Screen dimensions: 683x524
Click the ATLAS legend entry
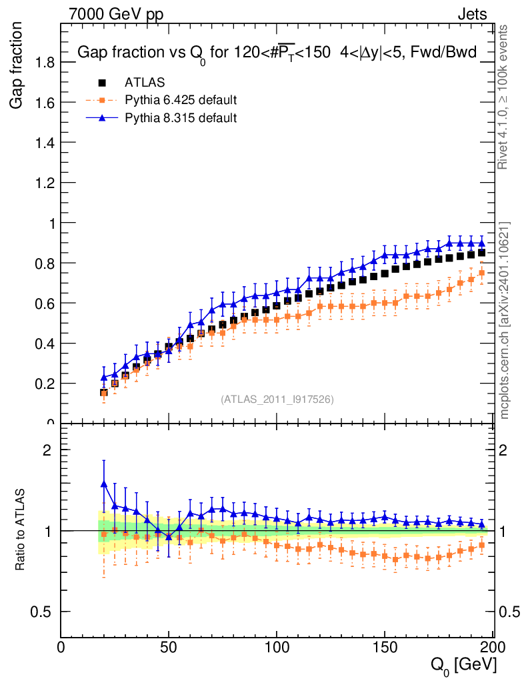click(145, 83)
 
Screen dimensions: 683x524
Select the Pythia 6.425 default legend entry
click(181, 101)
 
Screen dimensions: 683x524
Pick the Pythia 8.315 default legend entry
click(181, 118)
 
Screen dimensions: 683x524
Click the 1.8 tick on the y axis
click(41, 63)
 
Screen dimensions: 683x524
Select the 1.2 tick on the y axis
click(41, 183)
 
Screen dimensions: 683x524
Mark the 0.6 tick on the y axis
click(41, 303)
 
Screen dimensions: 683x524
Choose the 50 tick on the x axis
click(169, 646)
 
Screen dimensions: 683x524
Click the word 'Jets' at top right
click(472, 14)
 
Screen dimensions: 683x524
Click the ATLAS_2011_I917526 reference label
click(277, 399)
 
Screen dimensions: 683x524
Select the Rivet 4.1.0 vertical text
click(504, 97)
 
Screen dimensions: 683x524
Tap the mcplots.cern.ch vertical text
click(504, 320)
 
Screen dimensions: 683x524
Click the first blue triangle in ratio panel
click(104, 484)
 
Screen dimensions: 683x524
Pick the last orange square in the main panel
click(481, 273)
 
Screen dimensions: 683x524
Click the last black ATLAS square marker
click(481, 253)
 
